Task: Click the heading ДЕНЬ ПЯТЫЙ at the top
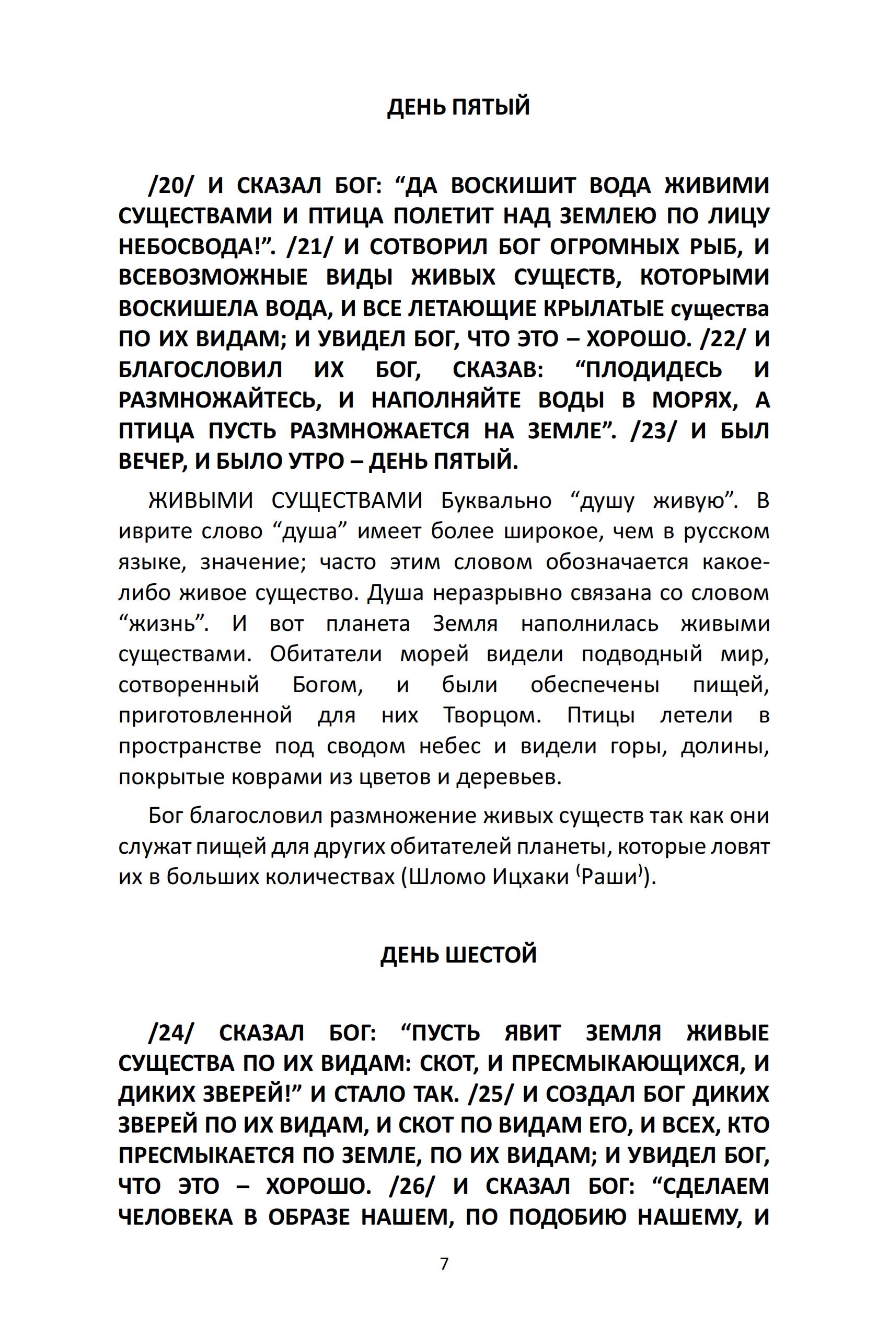(458, 107)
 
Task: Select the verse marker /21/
(310, 247)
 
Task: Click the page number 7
(444, 1263)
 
